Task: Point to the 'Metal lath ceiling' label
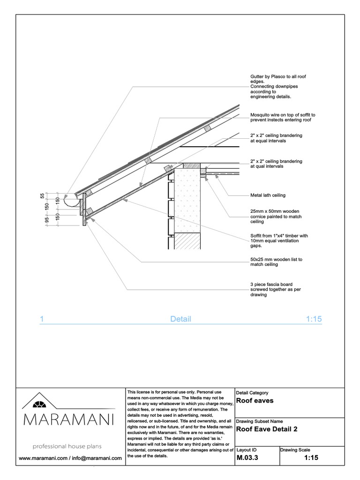(268, 195)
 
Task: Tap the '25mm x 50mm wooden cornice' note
(276, 216)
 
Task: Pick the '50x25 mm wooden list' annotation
(277, 262)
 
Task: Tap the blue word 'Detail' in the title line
(180, 319)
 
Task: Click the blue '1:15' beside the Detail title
(314, 319)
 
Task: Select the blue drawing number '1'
(42, 319)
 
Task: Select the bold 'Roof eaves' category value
(255, 401)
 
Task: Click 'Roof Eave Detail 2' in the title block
(266, 428)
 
